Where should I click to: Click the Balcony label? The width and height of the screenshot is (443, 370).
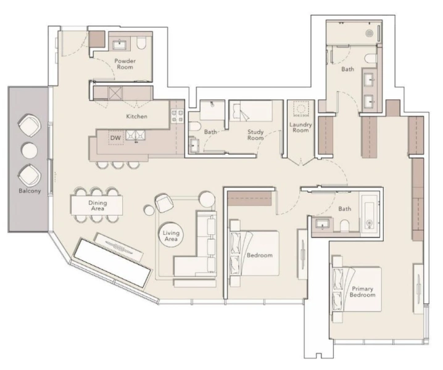pyautogui.click(x=29, y=191)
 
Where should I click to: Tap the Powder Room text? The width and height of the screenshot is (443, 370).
pyautogui.click(x=125, y=64)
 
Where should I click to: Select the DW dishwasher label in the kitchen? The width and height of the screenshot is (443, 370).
pyautogui.click(x=115, y=139)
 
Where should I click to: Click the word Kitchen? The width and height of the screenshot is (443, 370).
pyautogui.click(x=137, y=116)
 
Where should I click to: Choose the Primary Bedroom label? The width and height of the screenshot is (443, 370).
pyautogui.click(x=363, y=292)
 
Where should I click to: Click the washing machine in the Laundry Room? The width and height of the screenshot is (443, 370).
pyautogui.click(x=300, y=109)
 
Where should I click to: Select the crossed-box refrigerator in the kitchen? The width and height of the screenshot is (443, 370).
pyautogui.click(x=115, y=93)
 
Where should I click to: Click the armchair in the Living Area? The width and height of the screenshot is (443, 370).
pyautogui.click(x=164, y=202)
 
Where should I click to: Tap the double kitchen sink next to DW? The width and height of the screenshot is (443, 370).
pyautogui.click(x=135, y=135)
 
